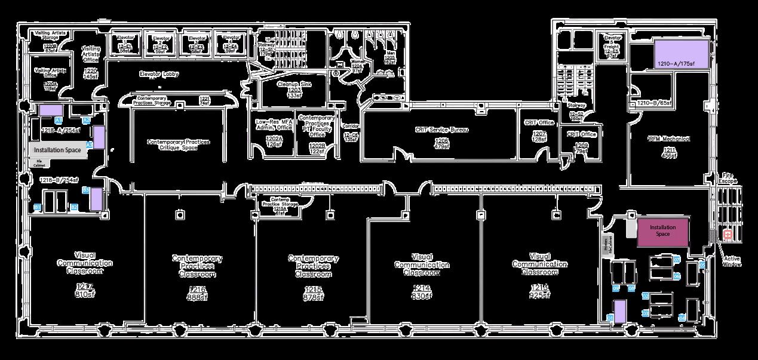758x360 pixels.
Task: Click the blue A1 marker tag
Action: (x=59, y=120)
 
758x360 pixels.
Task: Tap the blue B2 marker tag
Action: (x=75, y=207)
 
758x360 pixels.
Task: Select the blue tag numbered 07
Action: (x=677, y=259)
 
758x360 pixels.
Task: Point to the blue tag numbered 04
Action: (x=682, y=319)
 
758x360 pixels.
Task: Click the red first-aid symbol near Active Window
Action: (x=728, y=235)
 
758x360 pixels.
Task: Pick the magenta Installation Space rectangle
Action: (x=663, y=231)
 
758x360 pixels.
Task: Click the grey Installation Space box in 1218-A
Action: (x=57, y=150)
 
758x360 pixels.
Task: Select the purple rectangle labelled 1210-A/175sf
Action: (x=681, y=54)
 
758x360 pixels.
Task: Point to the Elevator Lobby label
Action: (x=159, y=75)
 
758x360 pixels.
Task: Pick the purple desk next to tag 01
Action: (x=620, y=310)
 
